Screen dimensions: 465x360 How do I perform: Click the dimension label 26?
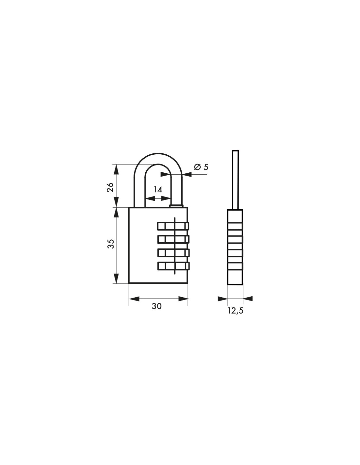click(110, 187)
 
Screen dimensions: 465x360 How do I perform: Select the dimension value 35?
click(111, 244)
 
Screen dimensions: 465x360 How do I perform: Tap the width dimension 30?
click(157, 306)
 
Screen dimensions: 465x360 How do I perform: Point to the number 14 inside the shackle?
click(158, 189)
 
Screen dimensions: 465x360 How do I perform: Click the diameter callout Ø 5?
click(201, 167)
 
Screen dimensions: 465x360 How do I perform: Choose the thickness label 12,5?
click(235, 311)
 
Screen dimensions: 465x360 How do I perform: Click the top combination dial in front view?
click(173, 226)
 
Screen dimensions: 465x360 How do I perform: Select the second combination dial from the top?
click(173, 239)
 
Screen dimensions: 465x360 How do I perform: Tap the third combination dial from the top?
click(173, 253)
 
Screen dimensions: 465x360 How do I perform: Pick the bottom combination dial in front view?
click(173, 266)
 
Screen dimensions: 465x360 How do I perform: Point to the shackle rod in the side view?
click(235, 180)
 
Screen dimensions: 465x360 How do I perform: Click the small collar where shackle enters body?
click(176, 206)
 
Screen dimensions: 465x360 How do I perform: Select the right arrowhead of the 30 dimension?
click(183, 299)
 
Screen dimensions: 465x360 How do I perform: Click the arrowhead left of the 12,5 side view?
click(223, 298)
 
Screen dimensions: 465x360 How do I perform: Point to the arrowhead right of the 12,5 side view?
click(248, 298)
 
